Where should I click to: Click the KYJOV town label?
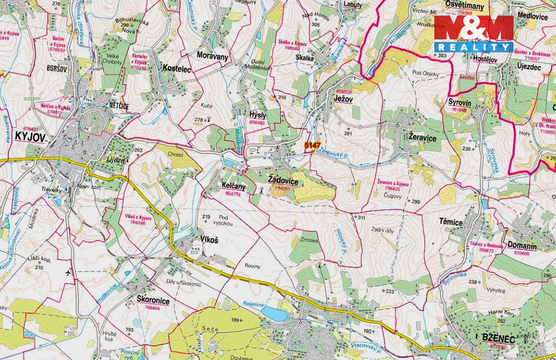tap(30, 137)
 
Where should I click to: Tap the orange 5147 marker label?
tap(312, 145)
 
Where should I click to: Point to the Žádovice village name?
tap(283, 181)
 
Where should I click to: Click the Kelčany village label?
tap(233, 186)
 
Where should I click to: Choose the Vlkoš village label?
tap(209, 239)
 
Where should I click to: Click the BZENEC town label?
tap(498, 337)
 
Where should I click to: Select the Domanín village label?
tap(522, 246)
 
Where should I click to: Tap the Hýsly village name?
tap(258, 115)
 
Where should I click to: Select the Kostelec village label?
tap(177, 68)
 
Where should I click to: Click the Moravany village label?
tap(212, 55)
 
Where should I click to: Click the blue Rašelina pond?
tap(274, 314)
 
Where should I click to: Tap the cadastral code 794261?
tap(282, 188)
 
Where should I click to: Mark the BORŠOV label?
tap(58, 68)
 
